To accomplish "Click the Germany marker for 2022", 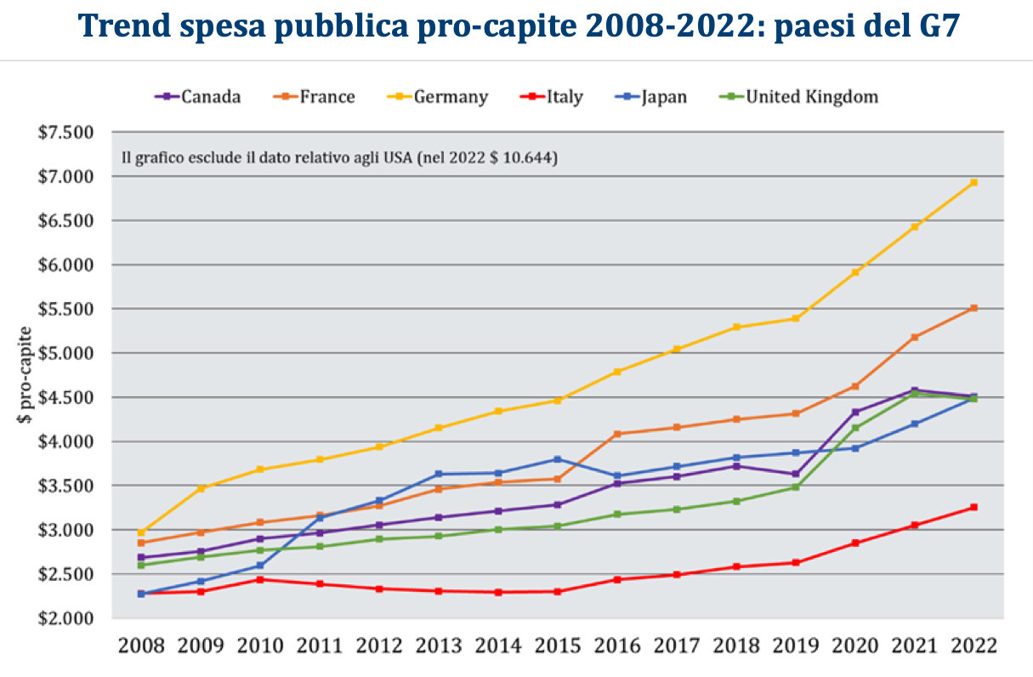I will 973,182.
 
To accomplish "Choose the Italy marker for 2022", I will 973,507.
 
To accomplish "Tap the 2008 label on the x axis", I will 141,646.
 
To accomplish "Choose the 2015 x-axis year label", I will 558,646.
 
